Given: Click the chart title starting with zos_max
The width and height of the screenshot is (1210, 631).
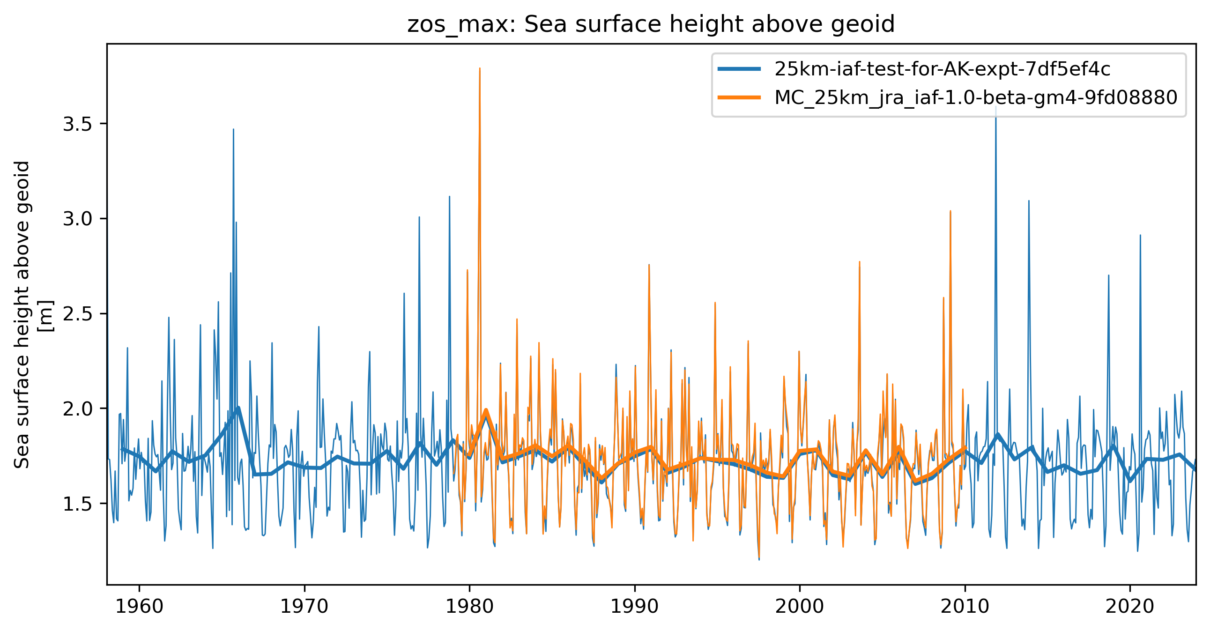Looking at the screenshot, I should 651,24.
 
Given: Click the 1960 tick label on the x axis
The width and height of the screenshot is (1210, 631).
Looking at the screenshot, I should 139,606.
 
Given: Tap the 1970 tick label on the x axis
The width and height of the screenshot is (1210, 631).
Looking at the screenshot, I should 304,606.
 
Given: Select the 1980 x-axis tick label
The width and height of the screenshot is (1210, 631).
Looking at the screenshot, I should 469,606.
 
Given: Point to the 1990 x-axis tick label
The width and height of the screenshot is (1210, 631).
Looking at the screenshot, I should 634,606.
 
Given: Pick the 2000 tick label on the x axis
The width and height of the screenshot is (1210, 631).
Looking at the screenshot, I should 800,606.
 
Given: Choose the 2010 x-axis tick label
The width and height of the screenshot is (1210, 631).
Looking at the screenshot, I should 965,606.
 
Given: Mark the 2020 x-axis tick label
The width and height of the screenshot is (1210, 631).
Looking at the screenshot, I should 1130,606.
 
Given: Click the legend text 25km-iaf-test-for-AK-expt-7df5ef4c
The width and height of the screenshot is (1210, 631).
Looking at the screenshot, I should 942,69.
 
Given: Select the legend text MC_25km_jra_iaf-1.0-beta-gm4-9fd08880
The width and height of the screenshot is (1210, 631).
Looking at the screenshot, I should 976,97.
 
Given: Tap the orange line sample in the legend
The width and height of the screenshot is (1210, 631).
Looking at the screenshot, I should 739,97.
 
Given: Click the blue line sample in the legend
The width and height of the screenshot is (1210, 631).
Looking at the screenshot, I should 739,69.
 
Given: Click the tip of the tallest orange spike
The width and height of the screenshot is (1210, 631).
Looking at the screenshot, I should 480,68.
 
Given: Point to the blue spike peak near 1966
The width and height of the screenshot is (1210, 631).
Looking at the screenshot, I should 233,129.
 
